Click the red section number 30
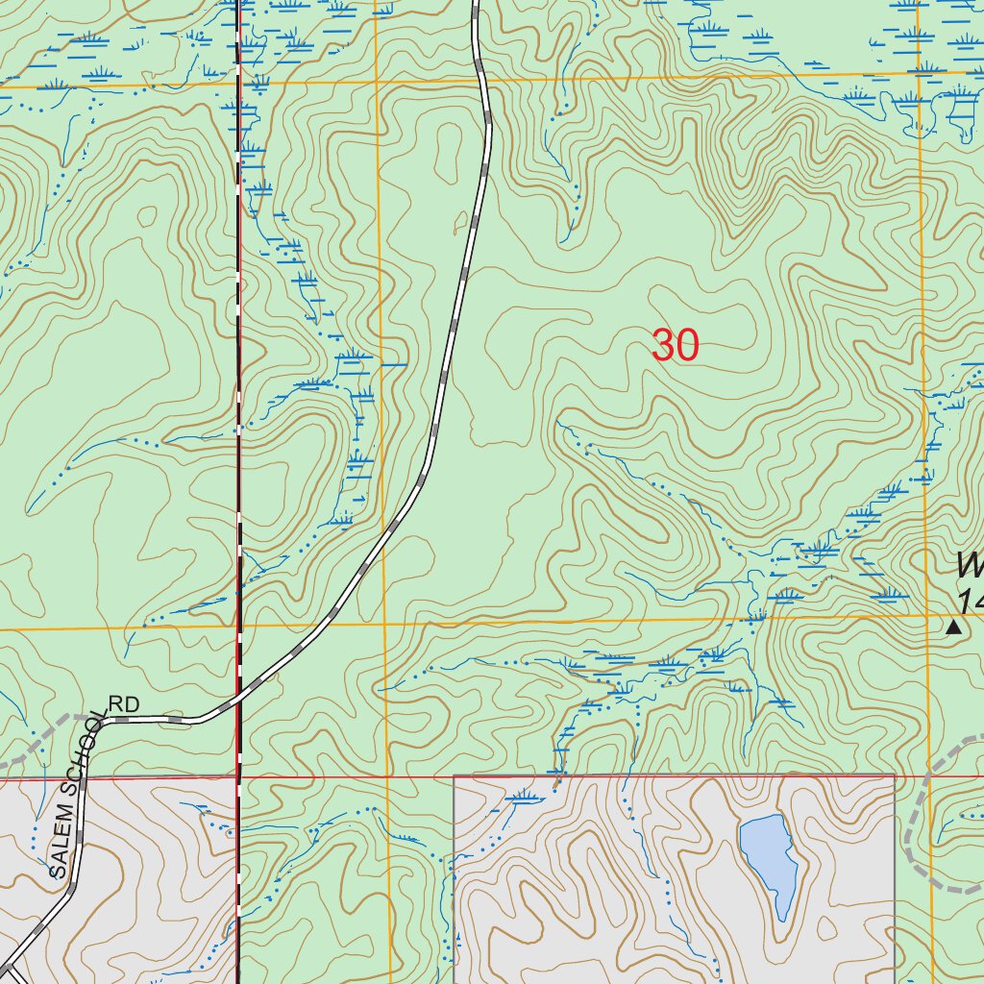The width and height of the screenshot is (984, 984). (675, 345)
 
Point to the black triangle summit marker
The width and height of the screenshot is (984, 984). (953, 627)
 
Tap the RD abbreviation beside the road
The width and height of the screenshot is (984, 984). (124, 704)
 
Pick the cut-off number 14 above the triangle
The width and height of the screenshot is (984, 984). (971, 602)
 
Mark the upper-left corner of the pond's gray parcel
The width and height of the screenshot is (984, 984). (454, 776)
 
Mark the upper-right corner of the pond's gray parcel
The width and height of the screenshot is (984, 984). (895, 775)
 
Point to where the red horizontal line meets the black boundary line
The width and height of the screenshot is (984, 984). (238, 777)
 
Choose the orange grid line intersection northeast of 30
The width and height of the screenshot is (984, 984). (920, 73)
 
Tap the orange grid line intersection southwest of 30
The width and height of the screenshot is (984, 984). (384, 627)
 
